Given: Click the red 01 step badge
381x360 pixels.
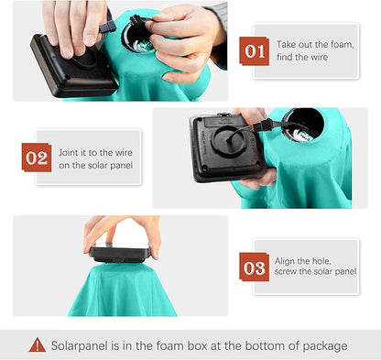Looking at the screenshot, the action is point(255,51).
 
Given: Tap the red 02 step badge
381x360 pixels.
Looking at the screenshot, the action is point(37,158).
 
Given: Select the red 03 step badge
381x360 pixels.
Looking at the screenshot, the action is point(255,267).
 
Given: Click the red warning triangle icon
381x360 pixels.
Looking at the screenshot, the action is point(38,344).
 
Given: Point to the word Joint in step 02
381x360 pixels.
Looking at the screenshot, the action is point(69,152).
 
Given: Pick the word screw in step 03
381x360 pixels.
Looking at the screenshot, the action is point(286,271).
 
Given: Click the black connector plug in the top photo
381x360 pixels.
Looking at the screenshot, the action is point(107,27).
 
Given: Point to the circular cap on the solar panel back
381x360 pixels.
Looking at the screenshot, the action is point(229,140).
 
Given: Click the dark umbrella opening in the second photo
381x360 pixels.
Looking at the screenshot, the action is point(303,125).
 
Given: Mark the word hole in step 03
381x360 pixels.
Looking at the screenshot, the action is point(319,261).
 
